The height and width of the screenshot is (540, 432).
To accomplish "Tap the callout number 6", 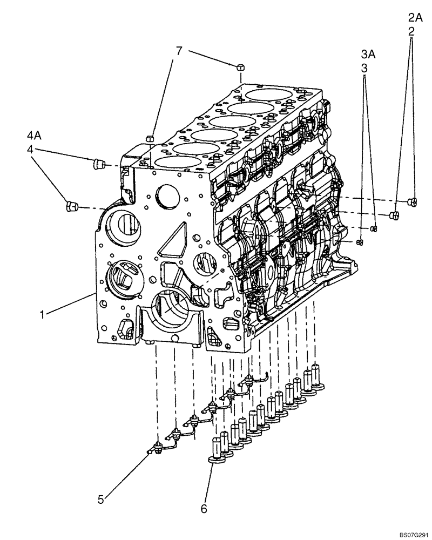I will (203, 508).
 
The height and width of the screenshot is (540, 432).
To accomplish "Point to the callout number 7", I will (179, 51).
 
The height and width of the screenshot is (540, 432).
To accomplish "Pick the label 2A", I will (415, 18).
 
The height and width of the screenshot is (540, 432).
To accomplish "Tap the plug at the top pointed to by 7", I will (240, 66).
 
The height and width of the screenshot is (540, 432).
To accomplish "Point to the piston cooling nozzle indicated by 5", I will (159, 446).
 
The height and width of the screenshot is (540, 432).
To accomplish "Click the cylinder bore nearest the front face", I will (173, 161).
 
